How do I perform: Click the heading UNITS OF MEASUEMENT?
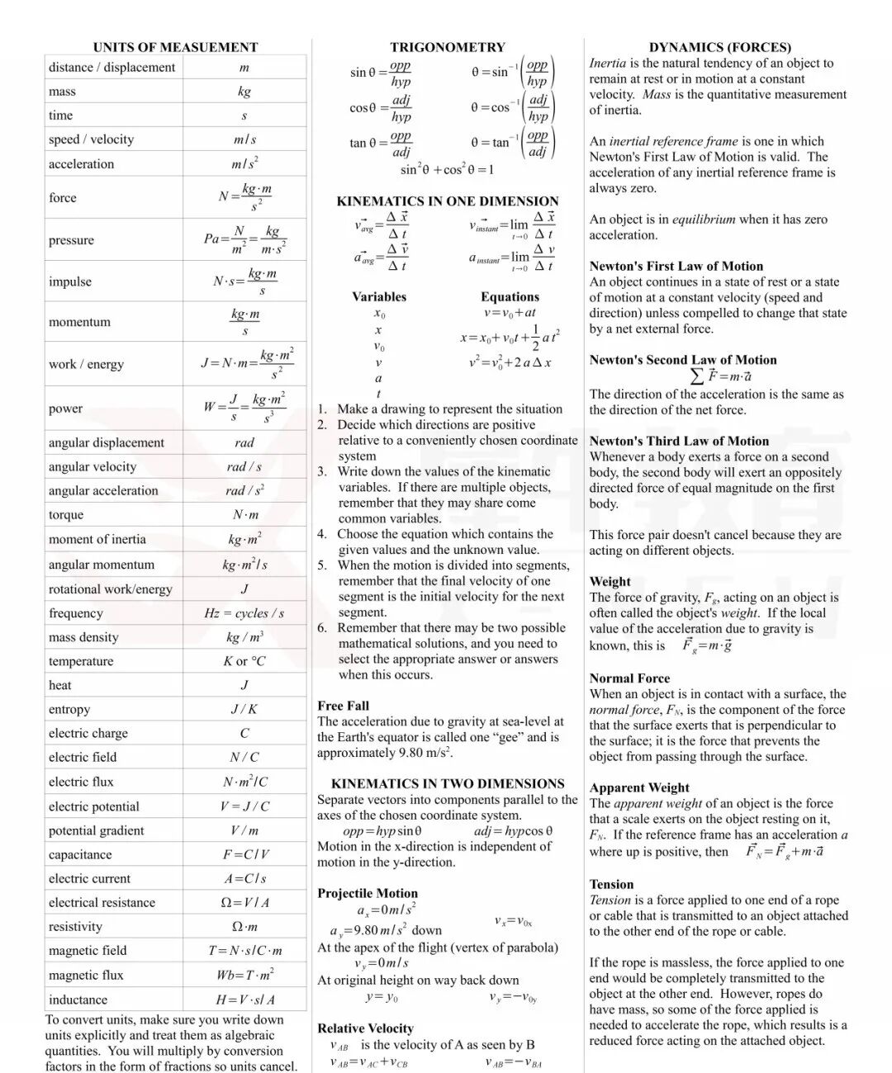tap(175, 47)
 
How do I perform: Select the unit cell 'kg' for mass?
tap(244, 92)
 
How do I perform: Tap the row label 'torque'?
tap(66, 515)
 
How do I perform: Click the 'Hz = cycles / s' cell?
tap(244, 613)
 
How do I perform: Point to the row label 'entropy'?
tap(69, 709)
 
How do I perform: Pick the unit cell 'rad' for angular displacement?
tap(244, 442)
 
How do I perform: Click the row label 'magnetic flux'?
tap(86, 975)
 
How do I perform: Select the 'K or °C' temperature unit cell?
tap(244, 661)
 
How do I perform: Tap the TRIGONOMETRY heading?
tap(448, 47)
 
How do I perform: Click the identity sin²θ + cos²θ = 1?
tap(447, 169)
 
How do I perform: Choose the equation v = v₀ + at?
tap(510, 313)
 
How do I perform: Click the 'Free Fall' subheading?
tap(343, 706)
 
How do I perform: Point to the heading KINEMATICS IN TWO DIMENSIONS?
tap(448, 783)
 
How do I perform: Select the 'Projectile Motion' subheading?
tap(368, 893)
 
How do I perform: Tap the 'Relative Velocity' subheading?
tap(365, 1028)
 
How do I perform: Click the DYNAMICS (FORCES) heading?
tap(719, 47)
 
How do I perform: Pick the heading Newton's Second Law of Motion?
tap(683, 360)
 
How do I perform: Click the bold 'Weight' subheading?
tap(610, 581)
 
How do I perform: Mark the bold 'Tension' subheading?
tap(611, 884)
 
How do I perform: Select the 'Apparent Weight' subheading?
tap(639, 787)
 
